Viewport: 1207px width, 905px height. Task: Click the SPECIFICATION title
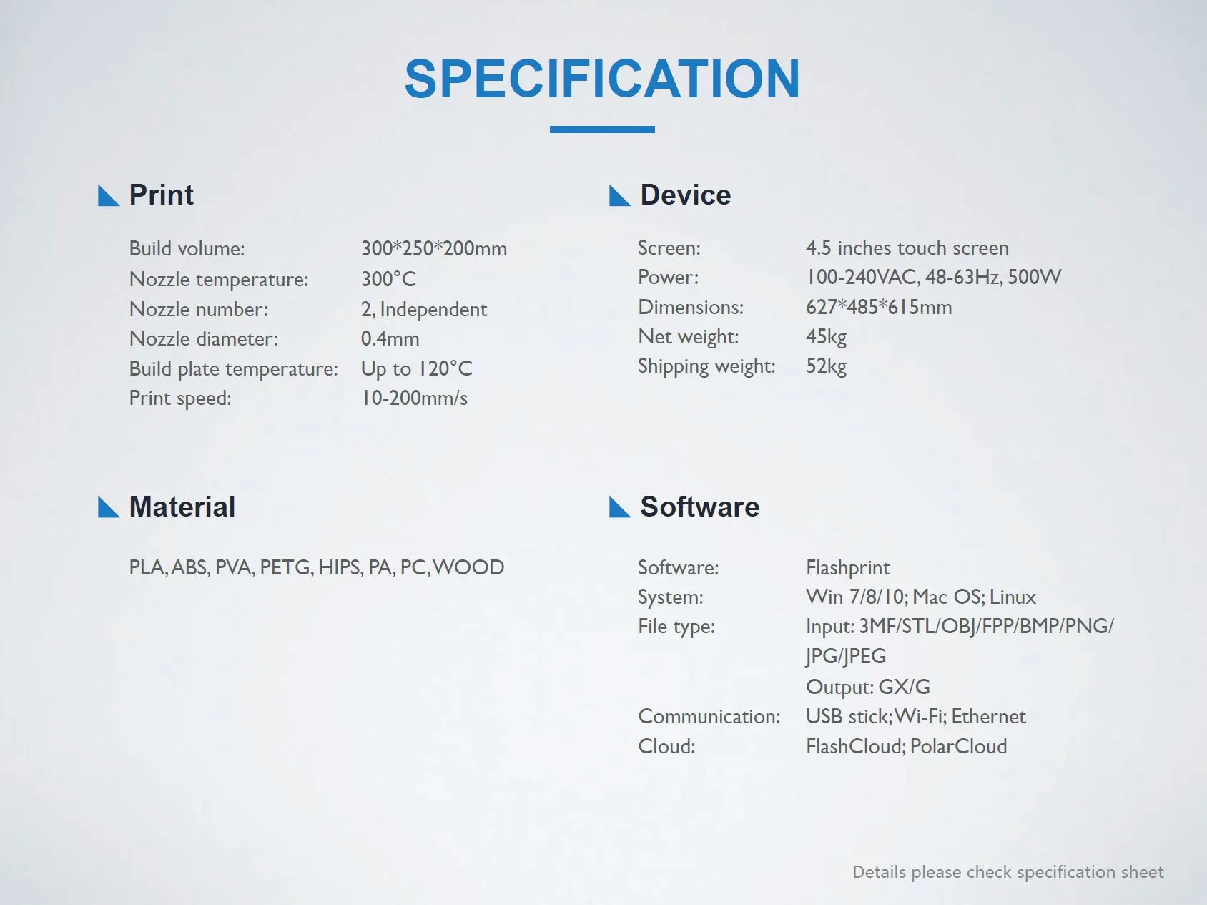602,78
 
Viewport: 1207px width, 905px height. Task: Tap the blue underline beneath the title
602,129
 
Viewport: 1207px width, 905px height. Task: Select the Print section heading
161,195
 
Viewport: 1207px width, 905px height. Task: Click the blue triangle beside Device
619,195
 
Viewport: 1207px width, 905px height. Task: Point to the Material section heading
182,507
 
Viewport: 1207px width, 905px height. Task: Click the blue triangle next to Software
619,507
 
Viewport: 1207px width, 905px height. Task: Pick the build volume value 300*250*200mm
434,248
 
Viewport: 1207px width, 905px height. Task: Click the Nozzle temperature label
219,279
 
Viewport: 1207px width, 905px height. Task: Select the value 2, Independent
424,309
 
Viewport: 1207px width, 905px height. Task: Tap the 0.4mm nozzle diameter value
390,338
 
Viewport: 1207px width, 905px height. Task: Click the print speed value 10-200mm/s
414,398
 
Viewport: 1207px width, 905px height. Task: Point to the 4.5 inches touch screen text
907,248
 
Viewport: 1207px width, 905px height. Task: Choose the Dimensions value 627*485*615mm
879,307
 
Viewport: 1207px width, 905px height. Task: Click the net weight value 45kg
826,336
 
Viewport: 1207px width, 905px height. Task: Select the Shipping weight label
706,366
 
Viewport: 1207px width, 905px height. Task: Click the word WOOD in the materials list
468,567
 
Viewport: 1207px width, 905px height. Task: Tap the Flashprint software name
848,567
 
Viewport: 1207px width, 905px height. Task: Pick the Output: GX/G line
868,687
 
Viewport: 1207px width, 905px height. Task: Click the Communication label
709,716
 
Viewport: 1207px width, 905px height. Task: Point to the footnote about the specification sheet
1008,872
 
